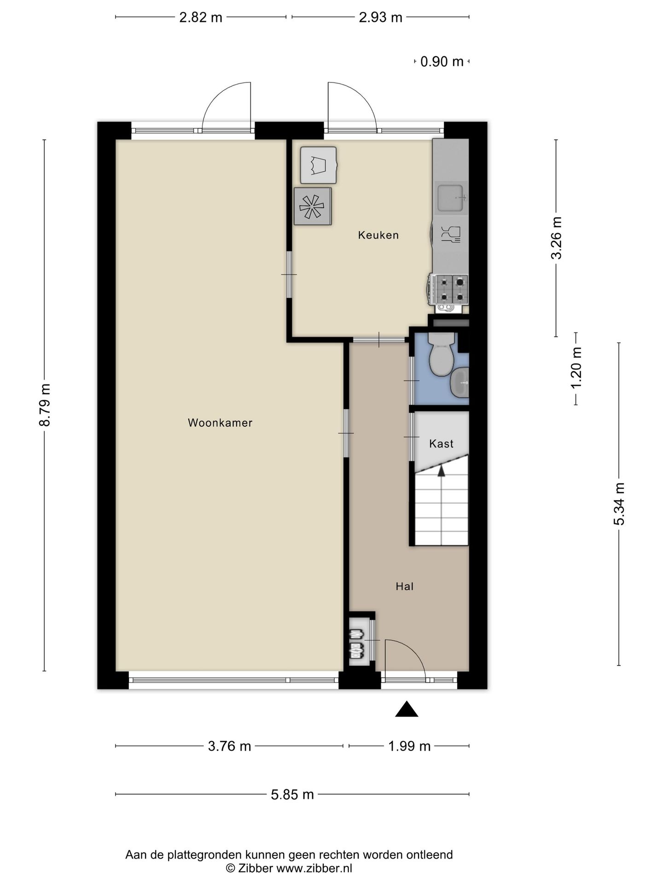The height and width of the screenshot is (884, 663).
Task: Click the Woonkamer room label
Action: pos(220,423)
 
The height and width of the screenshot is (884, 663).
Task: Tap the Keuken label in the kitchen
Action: pos(378,235)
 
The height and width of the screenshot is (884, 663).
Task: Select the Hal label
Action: pos(405,586)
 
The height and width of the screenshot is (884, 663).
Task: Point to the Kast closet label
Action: pos(441,443)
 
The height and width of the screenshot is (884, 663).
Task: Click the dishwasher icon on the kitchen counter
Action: pos(450,234)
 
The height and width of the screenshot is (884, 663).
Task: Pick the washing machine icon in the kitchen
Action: pos(318,165)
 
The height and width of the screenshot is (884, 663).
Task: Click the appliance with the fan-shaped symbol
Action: pos(313,206)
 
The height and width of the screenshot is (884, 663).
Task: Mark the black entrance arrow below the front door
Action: pos(407,709)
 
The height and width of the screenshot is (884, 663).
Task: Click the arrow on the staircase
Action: pos(442,471)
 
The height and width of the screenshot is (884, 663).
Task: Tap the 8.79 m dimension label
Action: pos(45,405)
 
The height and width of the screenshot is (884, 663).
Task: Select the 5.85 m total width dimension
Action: pos(292,794)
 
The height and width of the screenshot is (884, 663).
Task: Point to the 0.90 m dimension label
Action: pos(442,61)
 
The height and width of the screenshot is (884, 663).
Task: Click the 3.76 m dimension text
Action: pos(229,746)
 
